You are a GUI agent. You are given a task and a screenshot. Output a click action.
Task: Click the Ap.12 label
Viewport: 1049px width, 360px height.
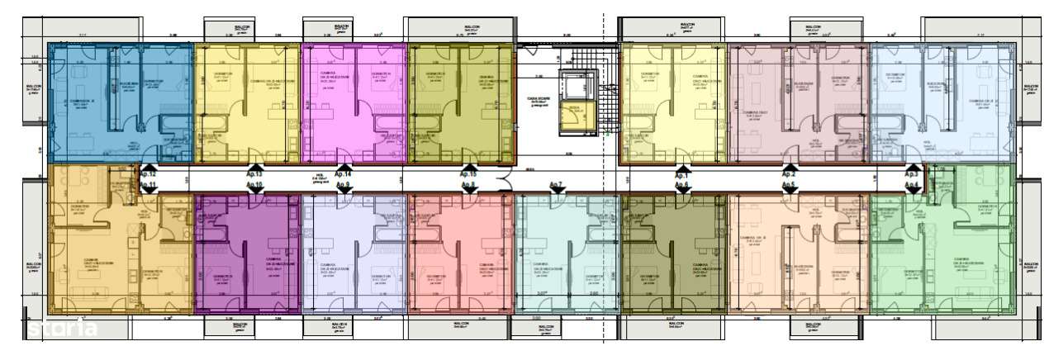[148, 174]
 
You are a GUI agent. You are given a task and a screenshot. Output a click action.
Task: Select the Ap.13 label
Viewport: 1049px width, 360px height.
[254, 175]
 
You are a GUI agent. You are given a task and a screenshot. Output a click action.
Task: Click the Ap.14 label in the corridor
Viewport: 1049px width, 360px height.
[343, 175]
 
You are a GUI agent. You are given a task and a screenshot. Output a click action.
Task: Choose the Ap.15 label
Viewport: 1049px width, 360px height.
[468, 175]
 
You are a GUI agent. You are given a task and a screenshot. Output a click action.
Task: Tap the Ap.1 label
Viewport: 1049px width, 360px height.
[682, 175]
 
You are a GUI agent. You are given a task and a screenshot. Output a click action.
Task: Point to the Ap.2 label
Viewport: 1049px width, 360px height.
[789, 175]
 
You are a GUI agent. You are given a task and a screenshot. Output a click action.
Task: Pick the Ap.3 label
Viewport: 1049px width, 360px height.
[912, 175]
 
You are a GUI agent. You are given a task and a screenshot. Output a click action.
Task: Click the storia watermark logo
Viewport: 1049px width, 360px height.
[63, 329]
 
